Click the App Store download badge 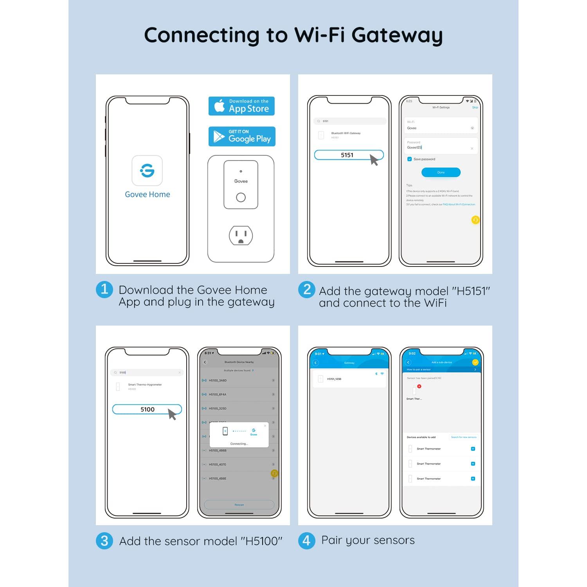241,106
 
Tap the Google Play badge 242,137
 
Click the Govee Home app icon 147,171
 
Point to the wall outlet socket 241,236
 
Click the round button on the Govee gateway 241,198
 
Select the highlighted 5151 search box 348,155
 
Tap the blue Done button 441,172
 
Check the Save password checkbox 409,159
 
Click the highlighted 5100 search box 147,409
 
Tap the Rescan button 239,505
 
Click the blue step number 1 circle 104,290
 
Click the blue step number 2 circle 307,290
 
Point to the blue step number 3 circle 104,541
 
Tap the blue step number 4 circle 307,541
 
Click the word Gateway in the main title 397,35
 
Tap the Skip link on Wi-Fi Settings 475,107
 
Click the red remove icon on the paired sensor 419,386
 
